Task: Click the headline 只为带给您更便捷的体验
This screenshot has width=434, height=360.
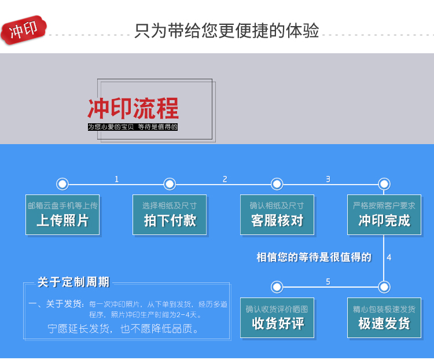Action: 226,30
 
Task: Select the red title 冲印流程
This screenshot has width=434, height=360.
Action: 133,109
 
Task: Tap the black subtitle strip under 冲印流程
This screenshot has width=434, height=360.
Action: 133,127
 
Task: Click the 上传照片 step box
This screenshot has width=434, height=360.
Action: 62,215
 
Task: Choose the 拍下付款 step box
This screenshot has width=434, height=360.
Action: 170,215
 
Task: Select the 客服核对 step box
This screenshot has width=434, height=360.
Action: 277,215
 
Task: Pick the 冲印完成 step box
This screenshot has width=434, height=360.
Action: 384,215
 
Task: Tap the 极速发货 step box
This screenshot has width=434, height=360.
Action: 384,318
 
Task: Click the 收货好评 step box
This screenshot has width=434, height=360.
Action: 277,318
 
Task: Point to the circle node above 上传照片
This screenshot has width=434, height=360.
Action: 62,184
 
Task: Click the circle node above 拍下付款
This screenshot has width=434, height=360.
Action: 170,184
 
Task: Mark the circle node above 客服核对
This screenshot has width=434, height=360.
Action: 277,184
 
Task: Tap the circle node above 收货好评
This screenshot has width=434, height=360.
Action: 277,286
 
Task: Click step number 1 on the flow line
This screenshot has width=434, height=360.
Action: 116,179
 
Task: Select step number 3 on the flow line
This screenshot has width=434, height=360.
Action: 328,179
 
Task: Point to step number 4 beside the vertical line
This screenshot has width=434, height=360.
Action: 389,257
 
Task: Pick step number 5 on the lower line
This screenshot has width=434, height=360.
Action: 328,281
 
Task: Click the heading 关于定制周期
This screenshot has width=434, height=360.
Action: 73,282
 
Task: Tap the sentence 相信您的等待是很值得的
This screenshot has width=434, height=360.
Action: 314,257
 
